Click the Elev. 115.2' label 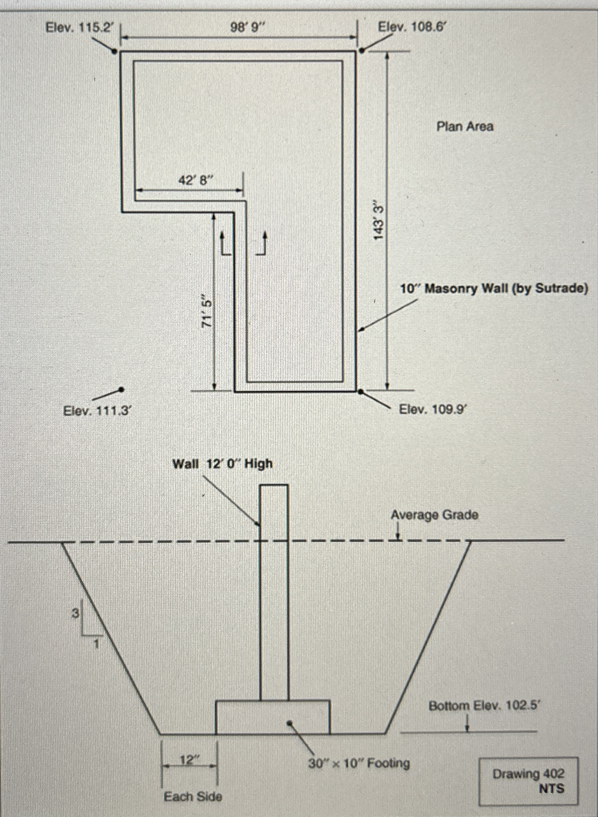[78, 27]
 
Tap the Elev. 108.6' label [411, 27]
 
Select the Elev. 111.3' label [96, 411]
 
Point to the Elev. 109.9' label [433, 409]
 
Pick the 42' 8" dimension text [194, 180]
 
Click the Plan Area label [465, 127]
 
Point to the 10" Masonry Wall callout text [494, 288]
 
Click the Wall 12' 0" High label [222, 464]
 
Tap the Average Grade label [434, 515]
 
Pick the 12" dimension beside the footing [188, 760]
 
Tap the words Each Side [193, 796]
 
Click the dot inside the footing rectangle [290, 723]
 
